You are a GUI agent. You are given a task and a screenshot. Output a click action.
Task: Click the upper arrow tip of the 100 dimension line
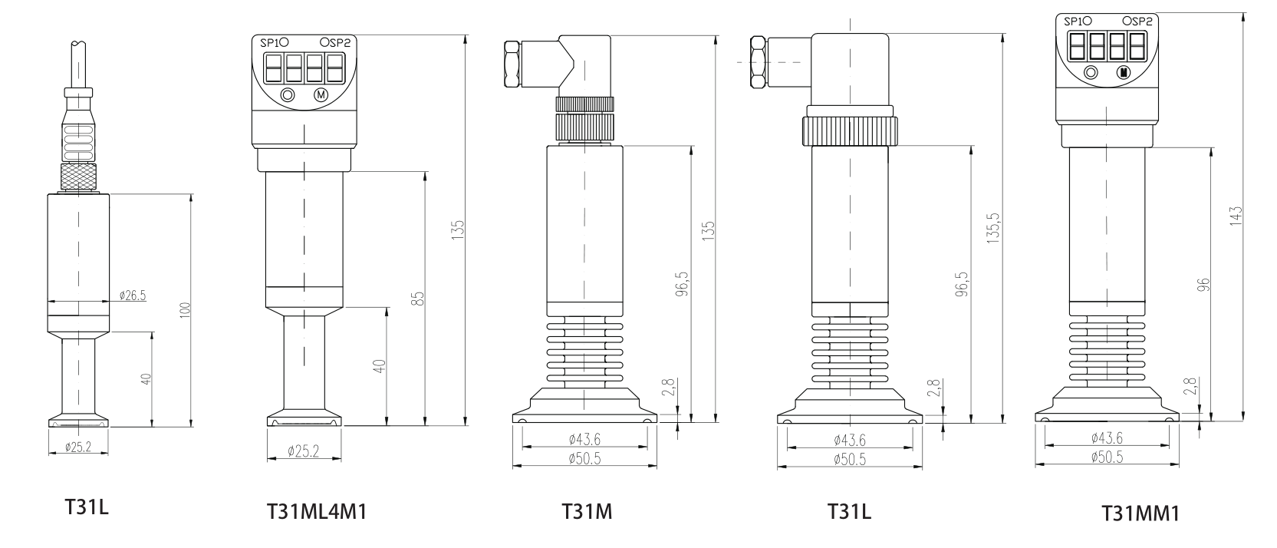pos(190,194)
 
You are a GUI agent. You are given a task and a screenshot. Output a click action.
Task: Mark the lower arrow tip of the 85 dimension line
pos(426,425)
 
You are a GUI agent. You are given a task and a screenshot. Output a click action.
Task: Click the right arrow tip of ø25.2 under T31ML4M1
pos(341,459)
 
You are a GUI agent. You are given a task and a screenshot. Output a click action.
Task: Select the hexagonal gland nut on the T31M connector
pos(512,64)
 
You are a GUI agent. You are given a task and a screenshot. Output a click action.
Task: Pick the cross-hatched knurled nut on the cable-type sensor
pos(79,177)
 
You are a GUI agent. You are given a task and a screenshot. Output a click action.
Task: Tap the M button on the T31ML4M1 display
pos(321,95)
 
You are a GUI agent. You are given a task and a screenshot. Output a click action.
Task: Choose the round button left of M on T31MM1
pos(1091,72)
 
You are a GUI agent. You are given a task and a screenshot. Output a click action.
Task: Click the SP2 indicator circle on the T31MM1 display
pos(1127,21)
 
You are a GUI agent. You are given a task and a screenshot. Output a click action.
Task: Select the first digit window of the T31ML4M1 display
pos(272,68)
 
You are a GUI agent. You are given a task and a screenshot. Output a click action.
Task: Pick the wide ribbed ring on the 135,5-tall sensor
pos(849,131)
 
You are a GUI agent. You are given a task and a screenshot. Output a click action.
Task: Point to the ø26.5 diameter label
pos(133,295)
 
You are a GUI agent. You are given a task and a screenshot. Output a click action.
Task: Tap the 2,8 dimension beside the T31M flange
pos(669,387)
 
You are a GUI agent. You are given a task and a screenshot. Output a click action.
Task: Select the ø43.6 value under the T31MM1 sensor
pos(1107,438)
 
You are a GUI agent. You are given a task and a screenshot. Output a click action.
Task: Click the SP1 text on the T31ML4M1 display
pos(270,43)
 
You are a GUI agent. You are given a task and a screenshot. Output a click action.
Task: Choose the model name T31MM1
pos(1140,513)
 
